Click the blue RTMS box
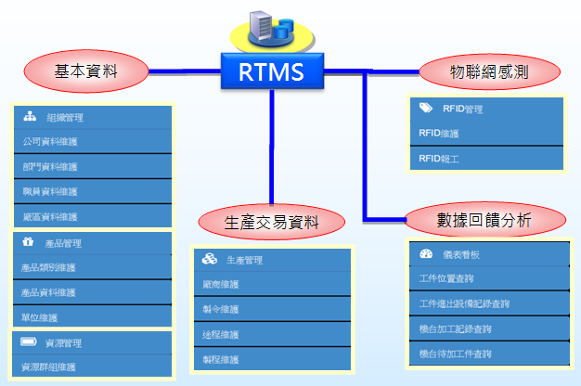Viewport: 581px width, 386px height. pos(271,71)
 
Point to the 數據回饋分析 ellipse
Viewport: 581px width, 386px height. pos(485,220)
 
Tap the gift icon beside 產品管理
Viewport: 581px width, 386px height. pos(28,243)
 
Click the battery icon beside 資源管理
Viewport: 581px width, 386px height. pos(28,342)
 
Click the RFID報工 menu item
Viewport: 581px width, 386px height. pos(485,159)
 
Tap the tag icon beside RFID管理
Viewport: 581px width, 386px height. pos(424,109)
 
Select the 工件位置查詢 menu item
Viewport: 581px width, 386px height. pos(485,278)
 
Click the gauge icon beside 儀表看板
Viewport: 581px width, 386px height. pos(425,253)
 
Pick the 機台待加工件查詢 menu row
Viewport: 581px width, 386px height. pos(485,354)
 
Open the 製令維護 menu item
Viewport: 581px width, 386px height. pos(271,309)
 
